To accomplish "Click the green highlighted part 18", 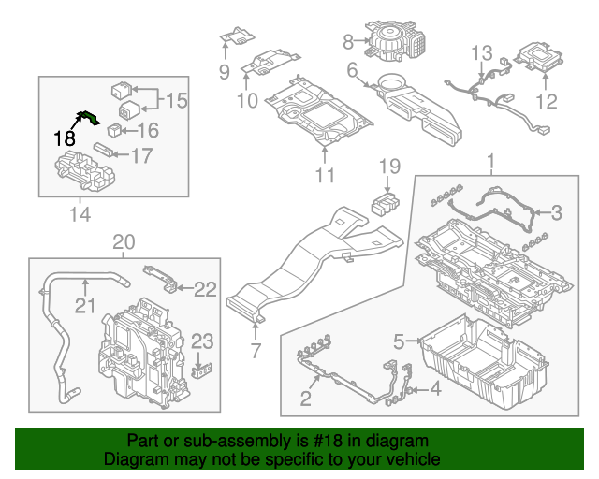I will click(x=90, y=117).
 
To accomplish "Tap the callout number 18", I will click(x=64, y=138).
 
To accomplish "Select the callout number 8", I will click(x=348, y=41).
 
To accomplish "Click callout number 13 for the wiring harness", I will click(x=480, y=51).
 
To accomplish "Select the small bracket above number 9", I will click(x=236, y=36).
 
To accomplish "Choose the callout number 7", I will click(x=255, y=352).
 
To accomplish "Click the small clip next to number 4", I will click(x=411, y=388).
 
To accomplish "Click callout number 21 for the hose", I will click(x=85, y=305).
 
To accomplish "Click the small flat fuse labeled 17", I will click(x=106, y=150).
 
